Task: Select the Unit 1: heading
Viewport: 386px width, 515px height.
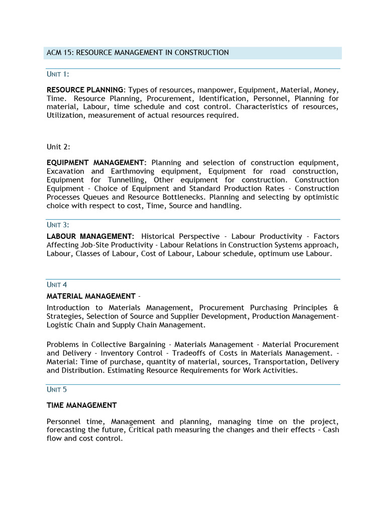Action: pyautogui.click(x=57, y=74)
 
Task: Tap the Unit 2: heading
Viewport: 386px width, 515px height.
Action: pyautogui.click(x=58, y=146)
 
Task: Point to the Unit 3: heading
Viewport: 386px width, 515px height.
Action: pyautogui.click(x=58, y=224)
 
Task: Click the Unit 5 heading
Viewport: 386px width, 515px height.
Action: pyautogui.click(x=57, y=389)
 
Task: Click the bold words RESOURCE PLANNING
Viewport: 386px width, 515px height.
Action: pyautogui.click(x=84, y=90)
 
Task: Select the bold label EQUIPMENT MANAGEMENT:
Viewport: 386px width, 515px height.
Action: pyautogui.click(x=96, y=163)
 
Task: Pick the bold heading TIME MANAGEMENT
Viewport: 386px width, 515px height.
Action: pyautogui.click(x=82, y=405)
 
